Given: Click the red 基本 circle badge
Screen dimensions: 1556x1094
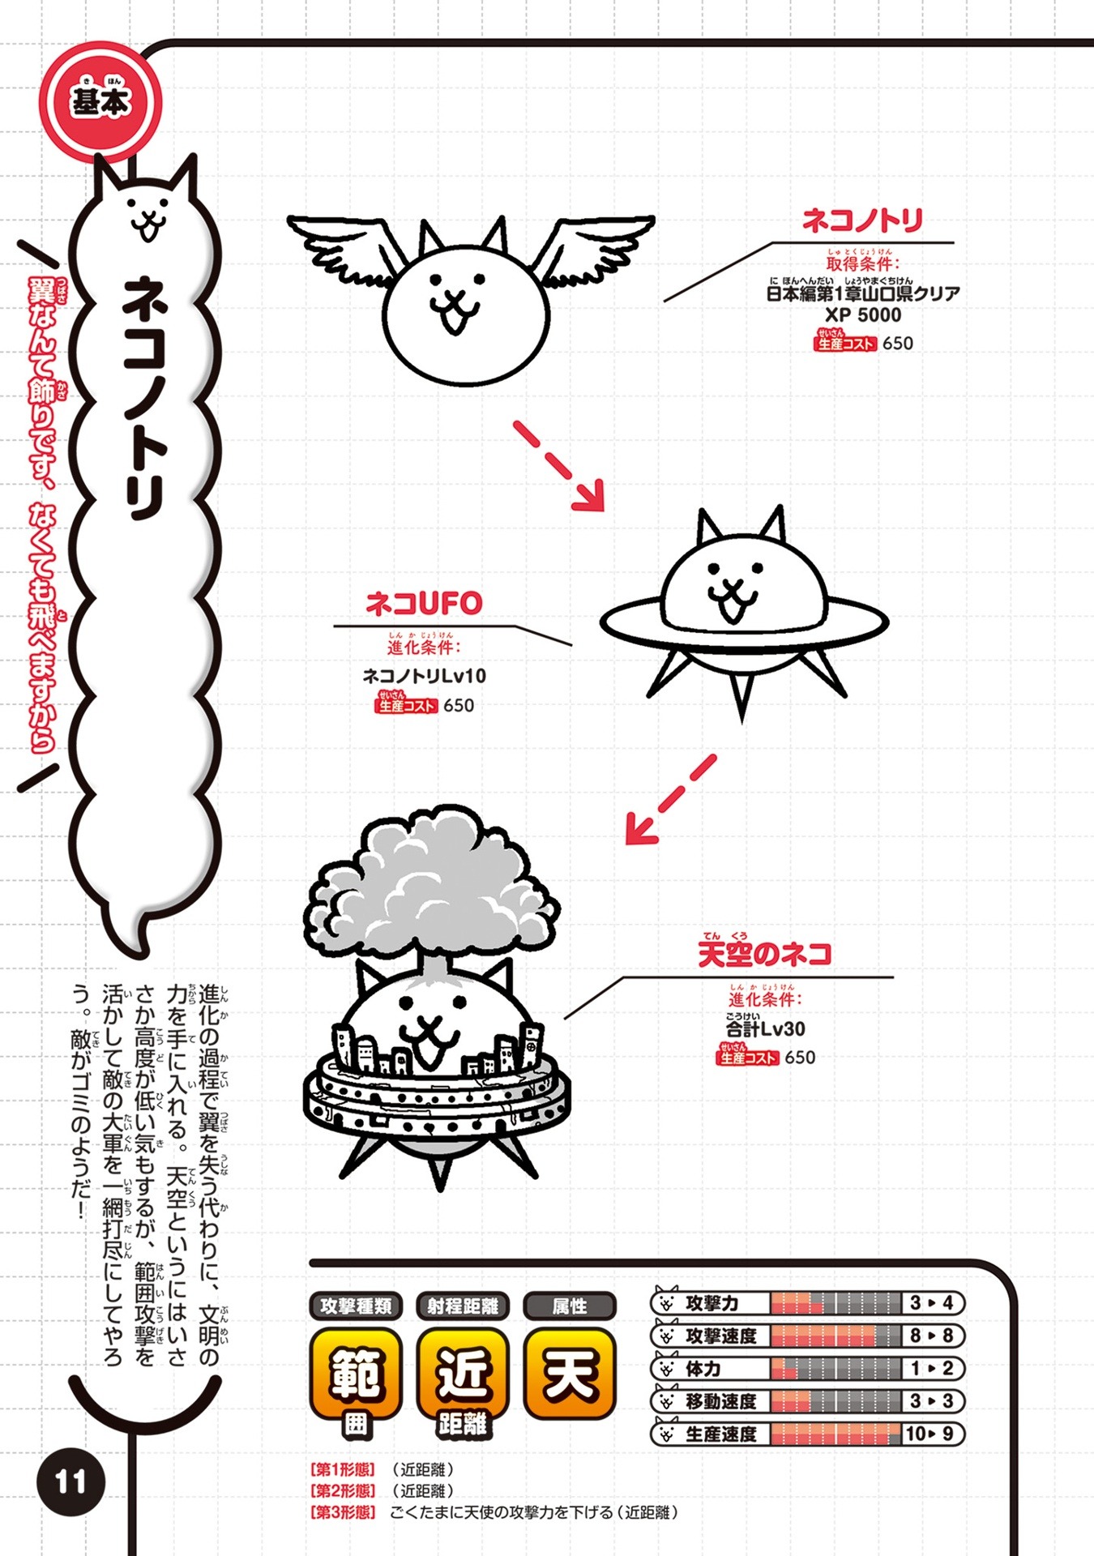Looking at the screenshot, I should (100, 102).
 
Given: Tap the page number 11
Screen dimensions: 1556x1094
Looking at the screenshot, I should (71, 1481).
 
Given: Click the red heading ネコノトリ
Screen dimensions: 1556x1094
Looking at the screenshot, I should (862, 220).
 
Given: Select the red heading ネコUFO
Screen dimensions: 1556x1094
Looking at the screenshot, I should (424, 604).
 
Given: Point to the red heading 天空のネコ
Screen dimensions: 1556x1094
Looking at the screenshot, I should (764, 954).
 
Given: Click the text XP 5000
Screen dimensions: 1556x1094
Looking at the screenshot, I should (862, 315).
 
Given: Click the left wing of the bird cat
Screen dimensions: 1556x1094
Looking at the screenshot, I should (344, 247).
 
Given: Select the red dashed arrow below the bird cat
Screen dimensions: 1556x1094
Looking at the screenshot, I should (559, 465).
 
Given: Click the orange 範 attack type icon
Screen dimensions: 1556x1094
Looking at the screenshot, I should (356, 1374).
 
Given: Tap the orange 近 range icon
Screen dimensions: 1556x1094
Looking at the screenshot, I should (463, 1374).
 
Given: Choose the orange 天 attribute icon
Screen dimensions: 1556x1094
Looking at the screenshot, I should (570, 1374).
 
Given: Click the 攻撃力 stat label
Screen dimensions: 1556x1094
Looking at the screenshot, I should (712, 1303).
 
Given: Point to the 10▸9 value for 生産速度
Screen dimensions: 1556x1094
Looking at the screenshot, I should (933, 1434).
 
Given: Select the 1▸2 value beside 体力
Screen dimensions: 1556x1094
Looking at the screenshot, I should (933, 1369).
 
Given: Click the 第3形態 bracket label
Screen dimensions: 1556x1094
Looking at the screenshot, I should (343, 1512).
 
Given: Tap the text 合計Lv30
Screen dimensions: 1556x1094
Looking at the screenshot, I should (766, 1029).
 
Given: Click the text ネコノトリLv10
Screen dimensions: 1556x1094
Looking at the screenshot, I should (424, 675).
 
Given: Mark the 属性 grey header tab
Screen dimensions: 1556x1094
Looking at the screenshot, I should (570, 1306).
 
